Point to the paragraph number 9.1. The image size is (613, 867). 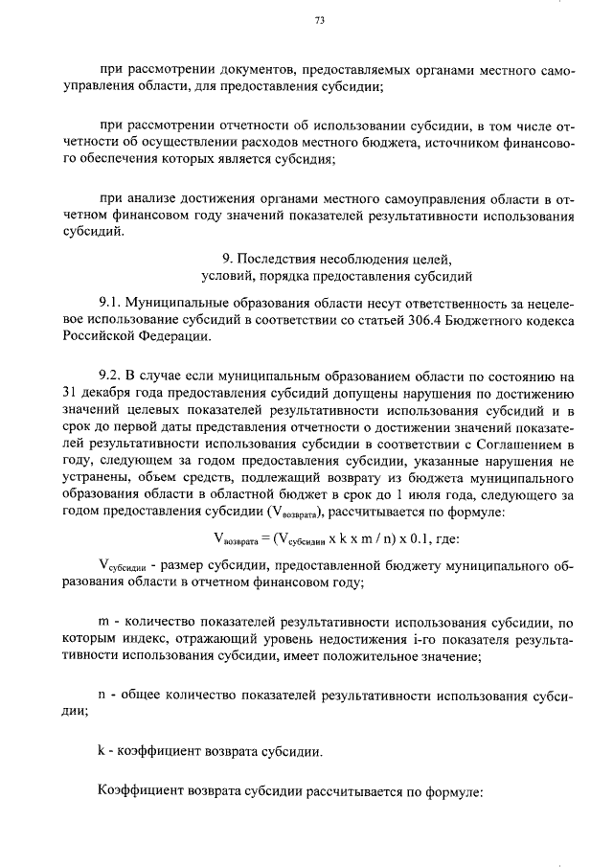click(112, 300)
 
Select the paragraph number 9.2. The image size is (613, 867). click(112, 373)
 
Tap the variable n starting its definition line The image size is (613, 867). click(102, 694)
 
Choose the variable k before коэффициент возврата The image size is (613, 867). click(102, 750)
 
